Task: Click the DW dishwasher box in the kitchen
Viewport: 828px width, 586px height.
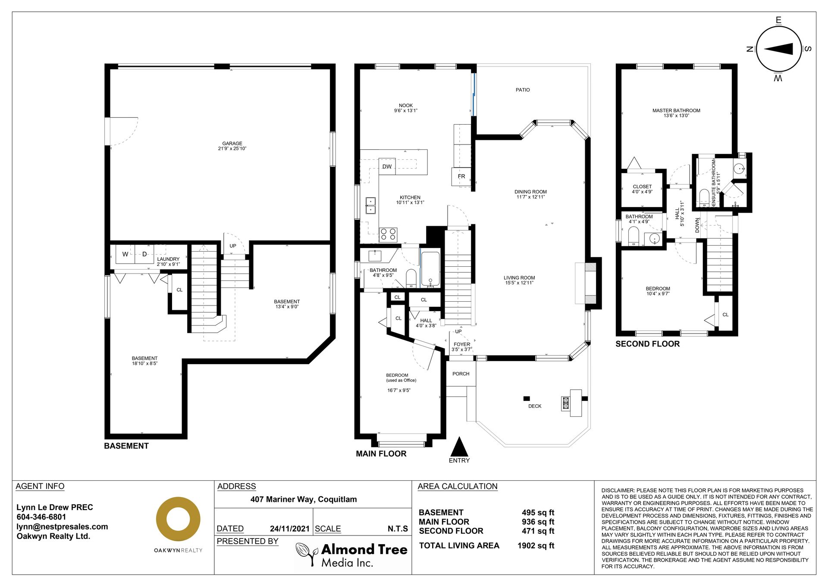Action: pos(387,167)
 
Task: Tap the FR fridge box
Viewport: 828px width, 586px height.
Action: pos(461,176)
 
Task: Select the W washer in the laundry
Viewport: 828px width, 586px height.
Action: pos(125,254)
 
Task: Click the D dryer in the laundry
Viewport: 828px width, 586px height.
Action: pos(144,254)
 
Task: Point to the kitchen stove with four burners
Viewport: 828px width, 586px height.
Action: pos(388,235)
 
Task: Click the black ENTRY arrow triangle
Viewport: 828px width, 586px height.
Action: pos(459,447)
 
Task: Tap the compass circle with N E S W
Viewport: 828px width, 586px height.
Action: pos(778,49)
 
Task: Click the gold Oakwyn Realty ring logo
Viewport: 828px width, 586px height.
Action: pos(178,519)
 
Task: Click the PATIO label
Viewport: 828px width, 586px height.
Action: pos(523,90)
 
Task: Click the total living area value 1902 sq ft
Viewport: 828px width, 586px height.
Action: pos(536,545)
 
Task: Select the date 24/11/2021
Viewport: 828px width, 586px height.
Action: pos(290,529)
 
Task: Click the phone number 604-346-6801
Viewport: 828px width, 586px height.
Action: pos(41,517)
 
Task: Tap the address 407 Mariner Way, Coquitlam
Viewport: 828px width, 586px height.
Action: pos(304,499)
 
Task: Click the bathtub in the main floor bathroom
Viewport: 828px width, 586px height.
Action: pos(430,269)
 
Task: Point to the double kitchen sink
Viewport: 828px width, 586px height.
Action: pos(370,205)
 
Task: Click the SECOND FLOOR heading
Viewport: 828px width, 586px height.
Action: pos(647,344)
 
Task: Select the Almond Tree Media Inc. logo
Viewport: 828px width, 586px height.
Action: pos(352,555)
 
